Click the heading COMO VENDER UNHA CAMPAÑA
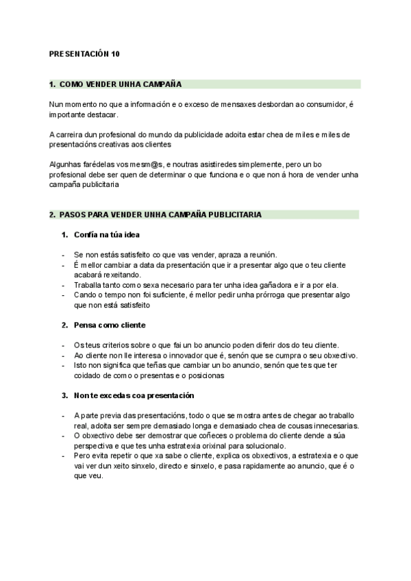tap(120, 84)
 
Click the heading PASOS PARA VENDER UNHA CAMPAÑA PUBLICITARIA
tap(160, 215)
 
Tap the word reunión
tap(258, 255)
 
